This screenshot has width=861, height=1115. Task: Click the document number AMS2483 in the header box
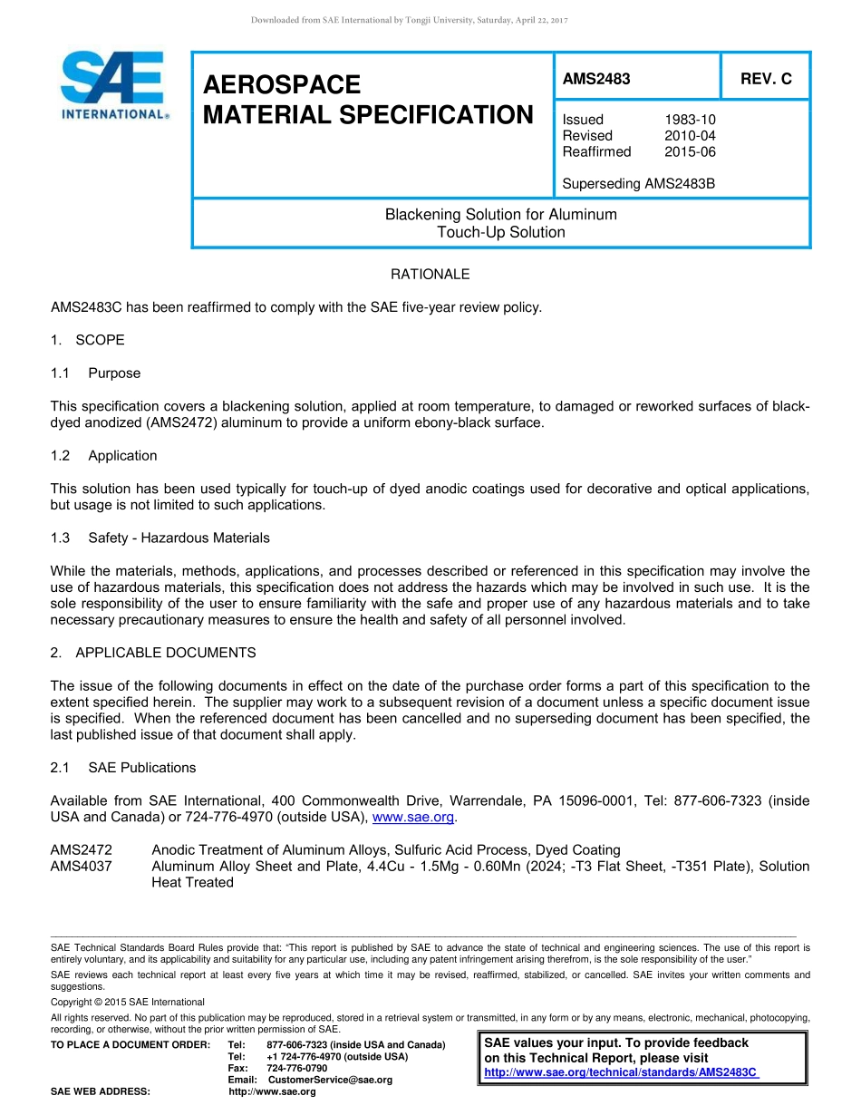coord(595,79)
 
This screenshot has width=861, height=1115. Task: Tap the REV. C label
coord(765,79)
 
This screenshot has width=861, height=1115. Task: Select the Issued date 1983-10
coord(690,120)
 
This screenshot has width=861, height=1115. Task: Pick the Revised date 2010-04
coord(690,136)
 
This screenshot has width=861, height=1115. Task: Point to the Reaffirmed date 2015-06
coord(690,151)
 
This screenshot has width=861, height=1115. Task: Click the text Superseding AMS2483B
coord(638,184)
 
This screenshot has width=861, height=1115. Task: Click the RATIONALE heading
coord(430,274)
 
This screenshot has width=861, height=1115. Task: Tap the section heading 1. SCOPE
coord(88,340)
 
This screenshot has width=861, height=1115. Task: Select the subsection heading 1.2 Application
coord(104,455)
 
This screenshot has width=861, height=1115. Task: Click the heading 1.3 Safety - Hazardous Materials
coord(160,538)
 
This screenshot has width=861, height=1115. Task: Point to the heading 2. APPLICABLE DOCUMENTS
coord(153,653)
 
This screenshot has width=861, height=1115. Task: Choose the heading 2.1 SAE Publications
coord(123,768)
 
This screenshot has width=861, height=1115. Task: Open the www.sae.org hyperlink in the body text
coord(413,818)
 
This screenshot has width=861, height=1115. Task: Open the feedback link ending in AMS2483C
coord(622,1072)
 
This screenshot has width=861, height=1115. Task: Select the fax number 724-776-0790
coord(296,1068)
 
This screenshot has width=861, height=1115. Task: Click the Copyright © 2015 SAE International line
coord(128,1002)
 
